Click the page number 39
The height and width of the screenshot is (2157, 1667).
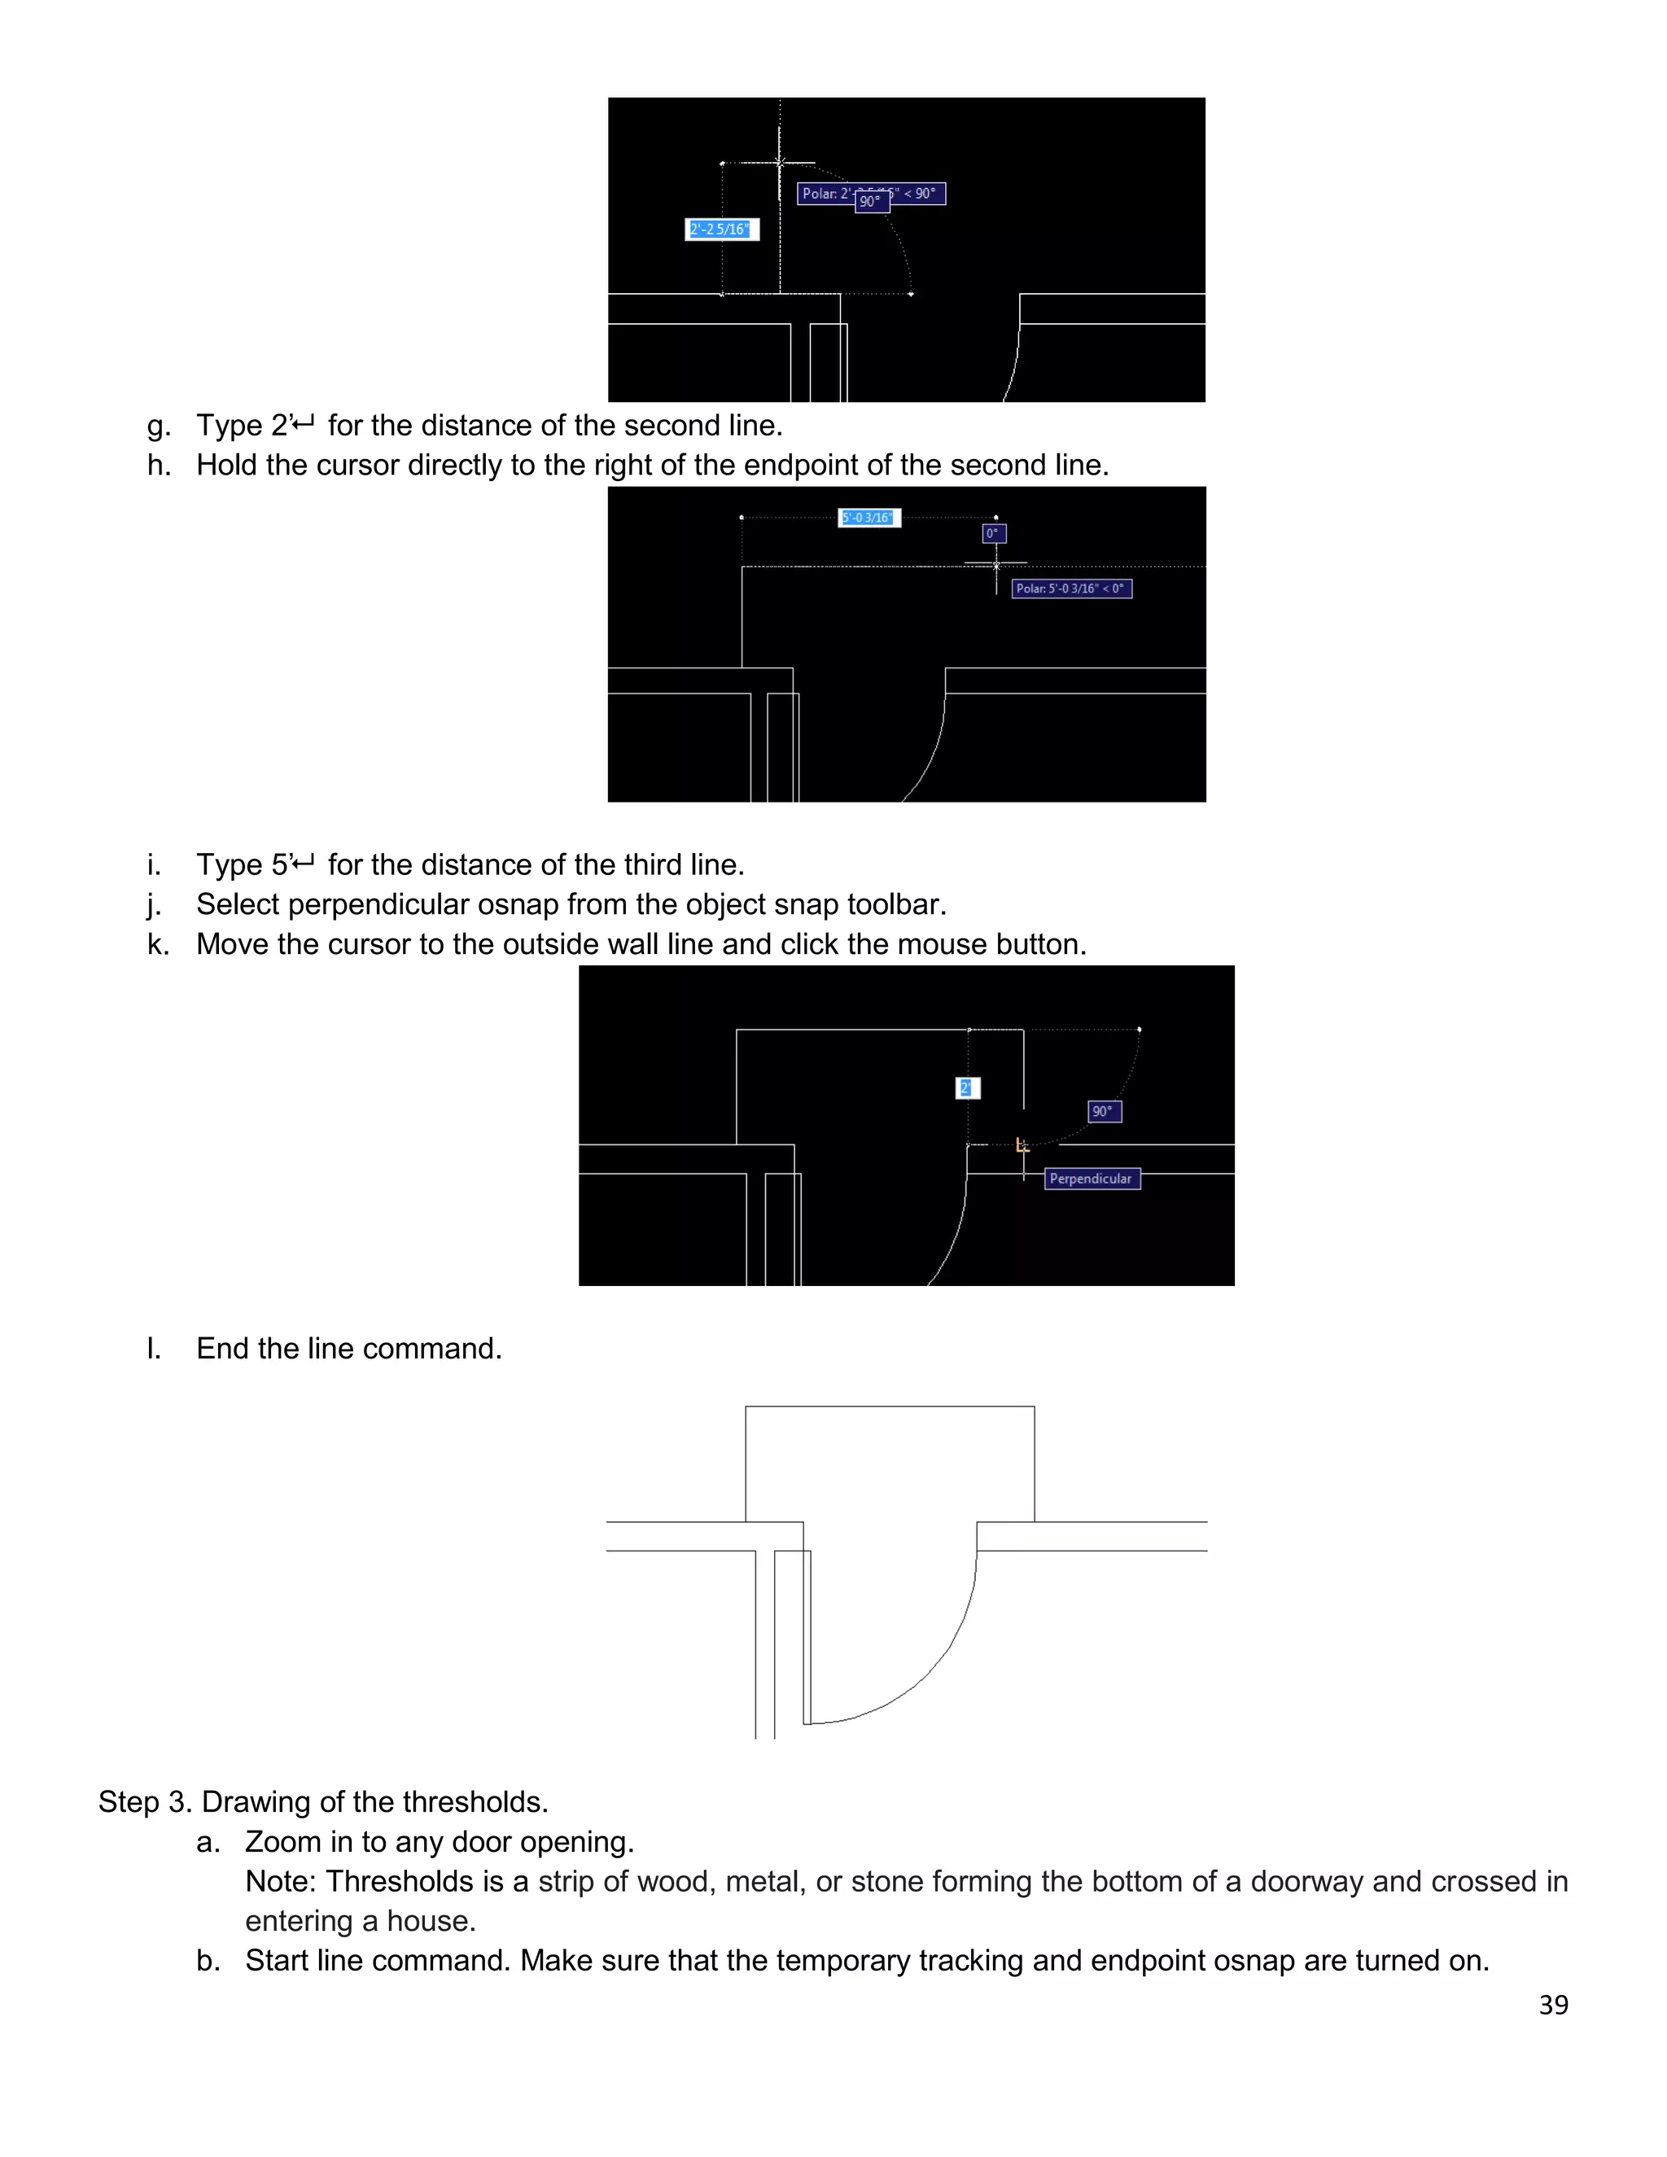(x=1552, y=2004)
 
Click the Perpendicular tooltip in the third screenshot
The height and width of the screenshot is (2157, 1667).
(x=1092, y=1179)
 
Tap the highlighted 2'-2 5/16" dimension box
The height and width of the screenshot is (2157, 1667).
(x=721, y=230)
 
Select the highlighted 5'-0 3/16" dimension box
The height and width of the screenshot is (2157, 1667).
(x=868, y=518)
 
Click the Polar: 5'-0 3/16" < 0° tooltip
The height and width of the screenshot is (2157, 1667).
(x=1070, y=588)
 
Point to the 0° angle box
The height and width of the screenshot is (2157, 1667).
(x=994, y=533)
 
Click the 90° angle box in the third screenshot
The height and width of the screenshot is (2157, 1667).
(x=1103, y=1111)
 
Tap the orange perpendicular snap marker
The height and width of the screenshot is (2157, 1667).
(x=1022, y=1146)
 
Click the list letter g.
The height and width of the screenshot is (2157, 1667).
(x=158, y=427)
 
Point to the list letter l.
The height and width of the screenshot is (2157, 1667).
(x=153, y=1349)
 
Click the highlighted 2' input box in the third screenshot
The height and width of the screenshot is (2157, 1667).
(x=967, y=1087)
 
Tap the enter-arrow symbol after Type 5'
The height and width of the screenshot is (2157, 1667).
(x=304, y=864)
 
